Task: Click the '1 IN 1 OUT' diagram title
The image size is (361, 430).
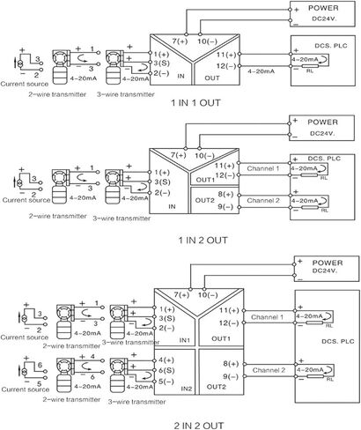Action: point(195,103)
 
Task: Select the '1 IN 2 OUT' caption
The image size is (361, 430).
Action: point(203,241)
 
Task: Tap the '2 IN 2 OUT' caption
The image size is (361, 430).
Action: point(199,426)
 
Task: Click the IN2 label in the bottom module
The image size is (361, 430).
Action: point(187,389)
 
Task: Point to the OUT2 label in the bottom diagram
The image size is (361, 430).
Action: point(217,387)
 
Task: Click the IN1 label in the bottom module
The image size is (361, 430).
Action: point(185,340)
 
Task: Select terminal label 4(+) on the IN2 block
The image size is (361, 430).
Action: point(166,360)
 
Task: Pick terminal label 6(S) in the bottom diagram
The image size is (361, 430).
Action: point(166,371)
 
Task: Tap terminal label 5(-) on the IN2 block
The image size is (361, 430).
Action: point(166,382)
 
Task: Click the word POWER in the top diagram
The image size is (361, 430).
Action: point(323,8)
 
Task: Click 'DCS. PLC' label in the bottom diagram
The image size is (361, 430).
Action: point(338,341)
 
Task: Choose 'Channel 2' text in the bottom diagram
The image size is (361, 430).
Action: point(269,370)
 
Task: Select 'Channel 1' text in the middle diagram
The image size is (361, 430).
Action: point(263,168)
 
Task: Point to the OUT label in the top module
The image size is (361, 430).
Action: point(212,78)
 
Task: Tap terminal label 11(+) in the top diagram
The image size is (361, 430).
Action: point(226,55)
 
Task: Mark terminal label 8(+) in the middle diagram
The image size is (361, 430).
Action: point(225,194)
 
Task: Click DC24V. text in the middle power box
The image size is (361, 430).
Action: point(322,133)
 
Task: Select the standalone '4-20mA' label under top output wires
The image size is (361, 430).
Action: point(262,71)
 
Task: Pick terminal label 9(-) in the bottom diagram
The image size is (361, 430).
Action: point(231,376)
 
